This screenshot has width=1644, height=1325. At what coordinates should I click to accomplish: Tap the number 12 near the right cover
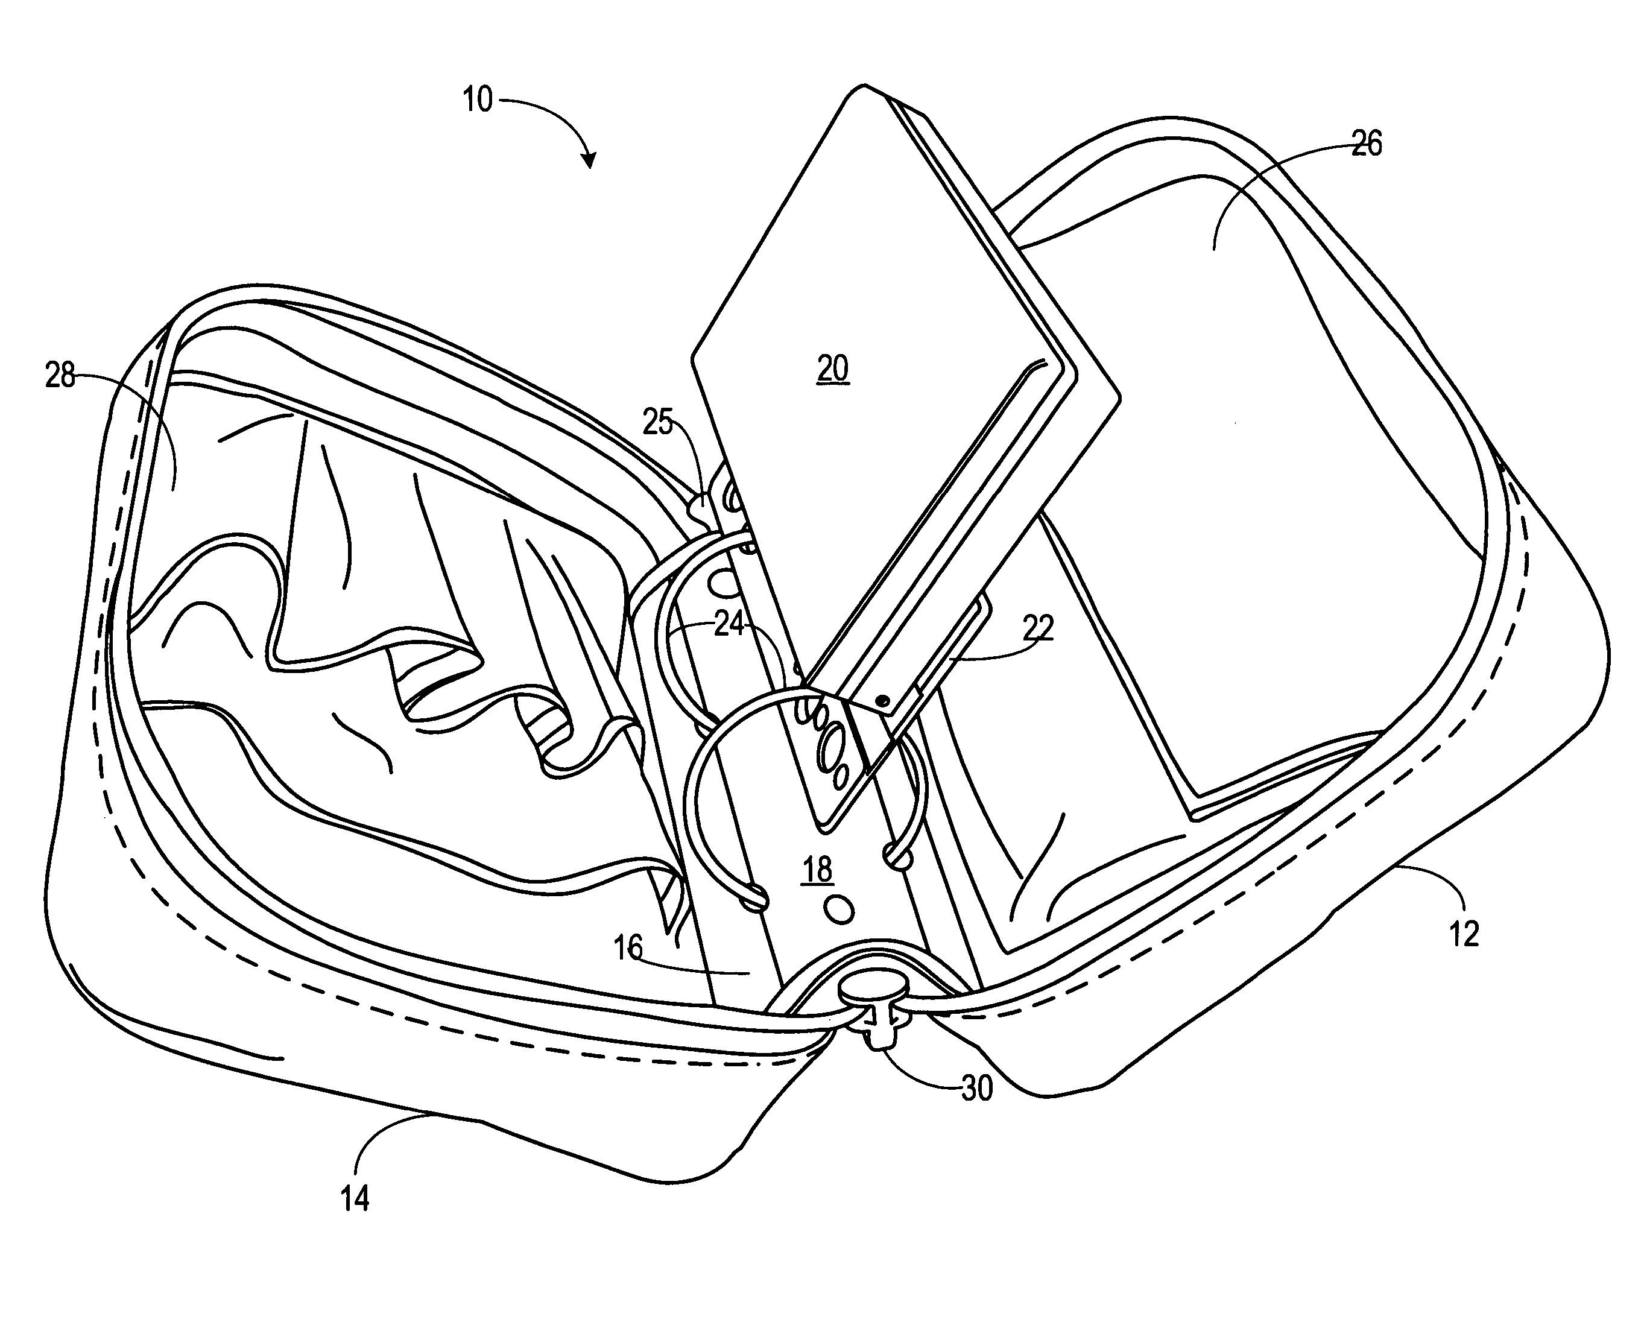pos(1463,934)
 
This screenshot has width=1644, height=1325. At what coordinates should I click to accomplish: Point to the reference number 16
pos(628,949)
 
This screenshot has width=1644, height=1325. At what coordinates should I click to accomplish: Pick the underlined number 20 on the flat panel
pos(833,370)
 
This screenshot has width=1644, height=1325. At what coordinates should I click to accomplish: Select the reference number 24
pos(729,625)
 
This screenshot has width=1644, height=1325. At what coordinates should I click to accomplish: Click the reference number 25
pos(658,422)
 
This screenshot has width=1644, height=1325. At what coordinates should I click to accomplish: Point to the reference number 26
pos(1366,144)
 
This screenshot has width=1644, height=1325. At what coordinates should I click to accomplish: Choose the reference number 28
pos(60,376)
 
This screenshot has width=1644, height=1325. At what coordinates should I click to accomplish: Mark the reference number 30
pos(977,1089)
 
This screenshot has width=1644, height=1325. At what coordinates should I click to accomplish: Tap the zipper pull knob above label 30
pos(874,994)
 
